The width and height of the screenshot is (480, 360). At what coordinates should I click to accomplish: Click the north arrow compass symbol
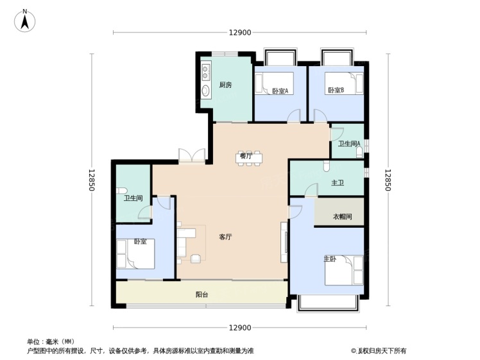click(x=25, y=21)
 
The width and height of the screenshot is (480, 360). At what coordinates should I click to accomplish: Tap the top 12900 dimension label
click(x=240, y=33)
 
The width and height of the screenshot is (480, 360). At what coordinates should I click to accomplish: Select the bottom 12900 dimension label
click(x=240, y=328)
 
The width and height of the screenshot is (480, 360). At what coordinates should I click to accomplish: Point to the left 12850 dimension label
click(x=92, y=180)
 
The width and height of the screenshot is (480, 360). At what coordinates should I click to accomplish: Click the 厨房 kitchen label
click(x=225, y=85)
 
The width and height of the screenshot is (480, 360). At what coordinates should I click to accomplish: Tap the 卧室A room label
click(x=280, y=91)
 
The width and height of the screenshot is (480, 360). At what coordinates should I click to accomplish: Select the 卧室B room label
click(x=336, y=90)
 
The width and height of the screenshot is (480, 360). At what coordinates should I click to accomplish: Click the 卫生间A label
click(x=349, y=143)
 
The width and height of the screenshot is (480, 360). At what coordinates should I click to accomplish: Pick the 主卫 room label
click(x=338, y=183)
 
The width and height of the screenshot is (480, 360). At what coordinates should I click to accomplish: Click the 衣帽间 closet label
click(x=342, y=216)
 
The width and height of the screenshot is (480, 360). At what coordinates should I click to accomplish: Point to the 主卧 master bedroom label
click(x=330, y=259)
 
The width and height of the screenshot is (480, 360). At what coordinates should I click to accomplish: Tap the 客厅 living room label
click(x=225, y=237)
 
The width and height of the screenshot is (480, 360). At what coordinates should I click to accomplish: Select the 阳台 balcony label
click(x=201, y=295)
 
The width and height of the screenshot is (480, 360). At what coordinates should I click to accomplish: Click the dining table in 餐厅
click(x=249, y=158)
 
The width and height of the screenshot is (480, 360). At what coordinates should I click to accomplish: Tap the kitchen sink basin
click(x=206, y=90)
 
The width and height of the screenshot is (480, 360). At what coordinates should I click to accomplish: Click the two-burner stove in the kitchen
click(x=206, y=72)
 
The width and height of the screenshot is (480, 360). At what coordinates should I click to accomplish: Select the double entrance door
click(x=192, y=155)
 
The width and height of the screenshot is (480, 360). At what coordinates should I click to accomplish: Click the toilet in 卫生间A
click(x=359, y=153)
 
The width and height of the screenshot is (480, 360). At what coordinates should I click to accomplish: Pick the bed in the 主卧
click(x=344, y=270)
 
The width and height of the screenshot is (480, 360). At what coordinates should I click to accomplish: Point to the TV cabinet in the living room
click(x=284, y=242)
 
